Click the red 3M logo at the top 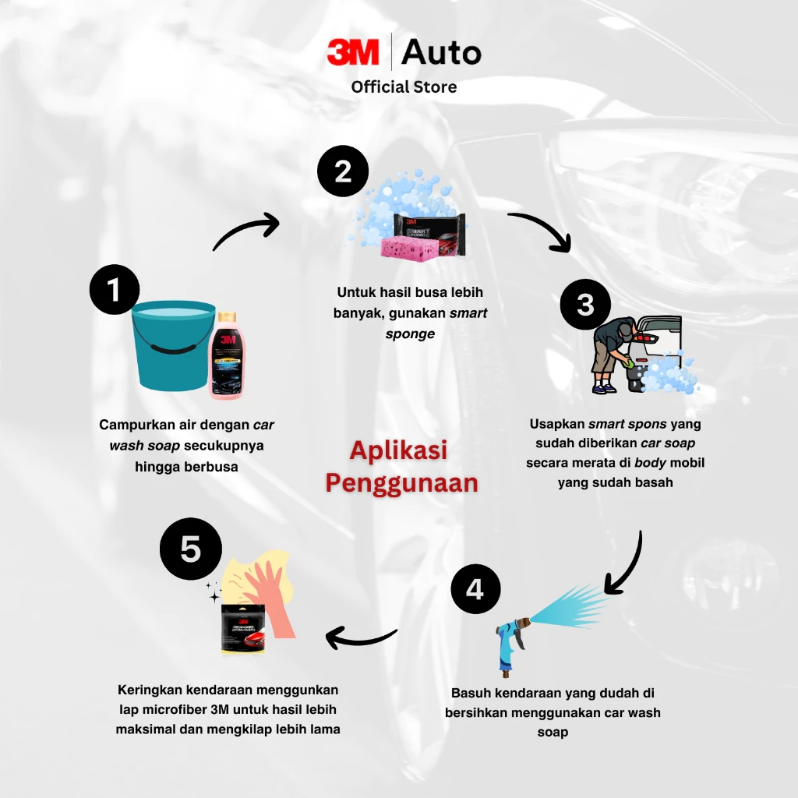[x=352, y=53]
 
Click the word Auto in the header [x=441, y=53]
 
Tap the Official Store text [x=404, y=87]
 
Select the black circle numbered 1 [x=115, y=290]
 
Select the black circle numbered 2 [x=342, y=171]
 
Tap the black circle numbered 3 [x=585, y=304]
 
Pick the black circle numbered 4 [x=475, y=589]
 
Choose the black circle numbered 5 [x=190, y=549]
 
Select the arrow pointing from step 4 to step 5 [x=361, y=637]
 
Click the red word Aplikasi [x=398, y=450]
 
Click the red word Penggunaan [x=401, y=483]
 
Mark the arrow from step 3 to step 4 [x=627, y=565]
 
